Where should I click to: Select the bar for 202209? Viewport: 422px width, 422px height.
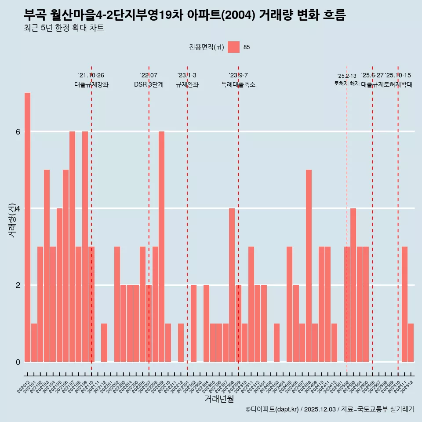point(161,246)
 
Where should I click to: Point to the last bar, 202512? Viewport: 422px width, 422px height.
point(411,342)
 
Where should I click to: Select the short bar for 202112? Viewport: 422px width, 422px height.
point(104,342)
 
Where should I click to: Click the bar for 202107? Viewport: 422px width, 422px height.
point(72,246)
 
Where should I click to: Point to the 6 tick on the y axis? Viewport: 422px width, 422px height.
point(18,131)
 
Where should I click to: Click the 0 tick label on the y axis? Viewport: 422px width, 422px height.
point(18,362)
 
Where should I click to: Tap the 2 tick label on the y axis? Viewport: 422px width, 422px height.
point(18,285)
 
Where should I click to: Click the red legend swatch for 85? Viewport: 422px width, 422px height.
point(233,47)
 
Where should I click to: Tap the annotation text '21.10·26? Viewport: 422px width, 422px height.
point(91,75)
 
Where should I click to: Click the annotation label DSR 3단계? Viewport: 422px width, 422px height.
point(149,84)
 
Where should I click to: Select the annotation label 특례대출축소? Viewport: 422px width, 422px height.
point(238,84)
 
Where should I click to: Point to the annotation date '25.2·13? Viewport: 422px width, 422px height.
point(347,76)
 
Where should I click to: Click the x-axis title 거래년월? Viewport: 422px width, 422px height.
point(219,399)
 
